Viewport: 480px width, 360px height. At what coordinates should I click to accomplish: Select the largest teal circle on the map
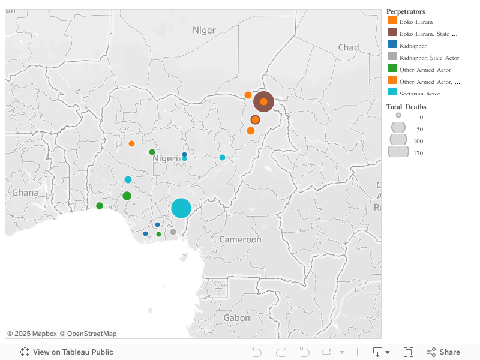point(181,208)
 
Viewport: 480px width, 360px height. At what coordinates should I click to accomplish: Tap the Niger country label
point(204,30)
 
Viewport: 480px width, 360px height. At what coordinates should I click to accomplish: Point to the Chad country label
point(349,47)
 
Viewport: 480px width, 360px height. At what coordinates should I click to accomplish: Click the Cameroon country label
point(240,239)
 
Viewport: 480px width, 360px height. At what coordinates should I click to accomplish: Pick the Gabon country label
point(236,317)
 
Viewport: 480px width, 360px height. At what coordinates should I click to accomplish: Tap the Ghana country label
point(25,193)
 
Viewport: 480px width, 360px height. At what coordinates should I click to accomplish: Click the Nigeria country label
point(167,159)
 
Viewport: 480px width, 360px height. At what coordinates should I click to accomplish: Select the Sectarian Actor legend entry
point(419,94)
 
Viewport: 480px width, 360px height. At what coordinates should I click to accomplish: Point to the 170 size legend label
point(418,153)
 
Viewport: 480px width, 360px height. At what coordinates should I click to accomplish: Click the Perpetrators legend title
point(406,11)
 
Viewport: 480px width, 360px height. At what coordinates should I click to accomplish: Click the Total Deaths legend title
point(406,107)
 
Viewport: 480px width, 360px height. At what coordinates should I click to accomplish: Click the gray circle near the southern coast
point(173,232)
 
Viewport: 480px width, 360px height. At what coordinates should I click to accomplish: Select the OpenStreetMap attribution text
point(88,334)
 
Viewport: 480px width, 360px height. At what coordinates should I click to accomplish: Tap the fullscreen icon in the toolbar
point(409,352)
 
